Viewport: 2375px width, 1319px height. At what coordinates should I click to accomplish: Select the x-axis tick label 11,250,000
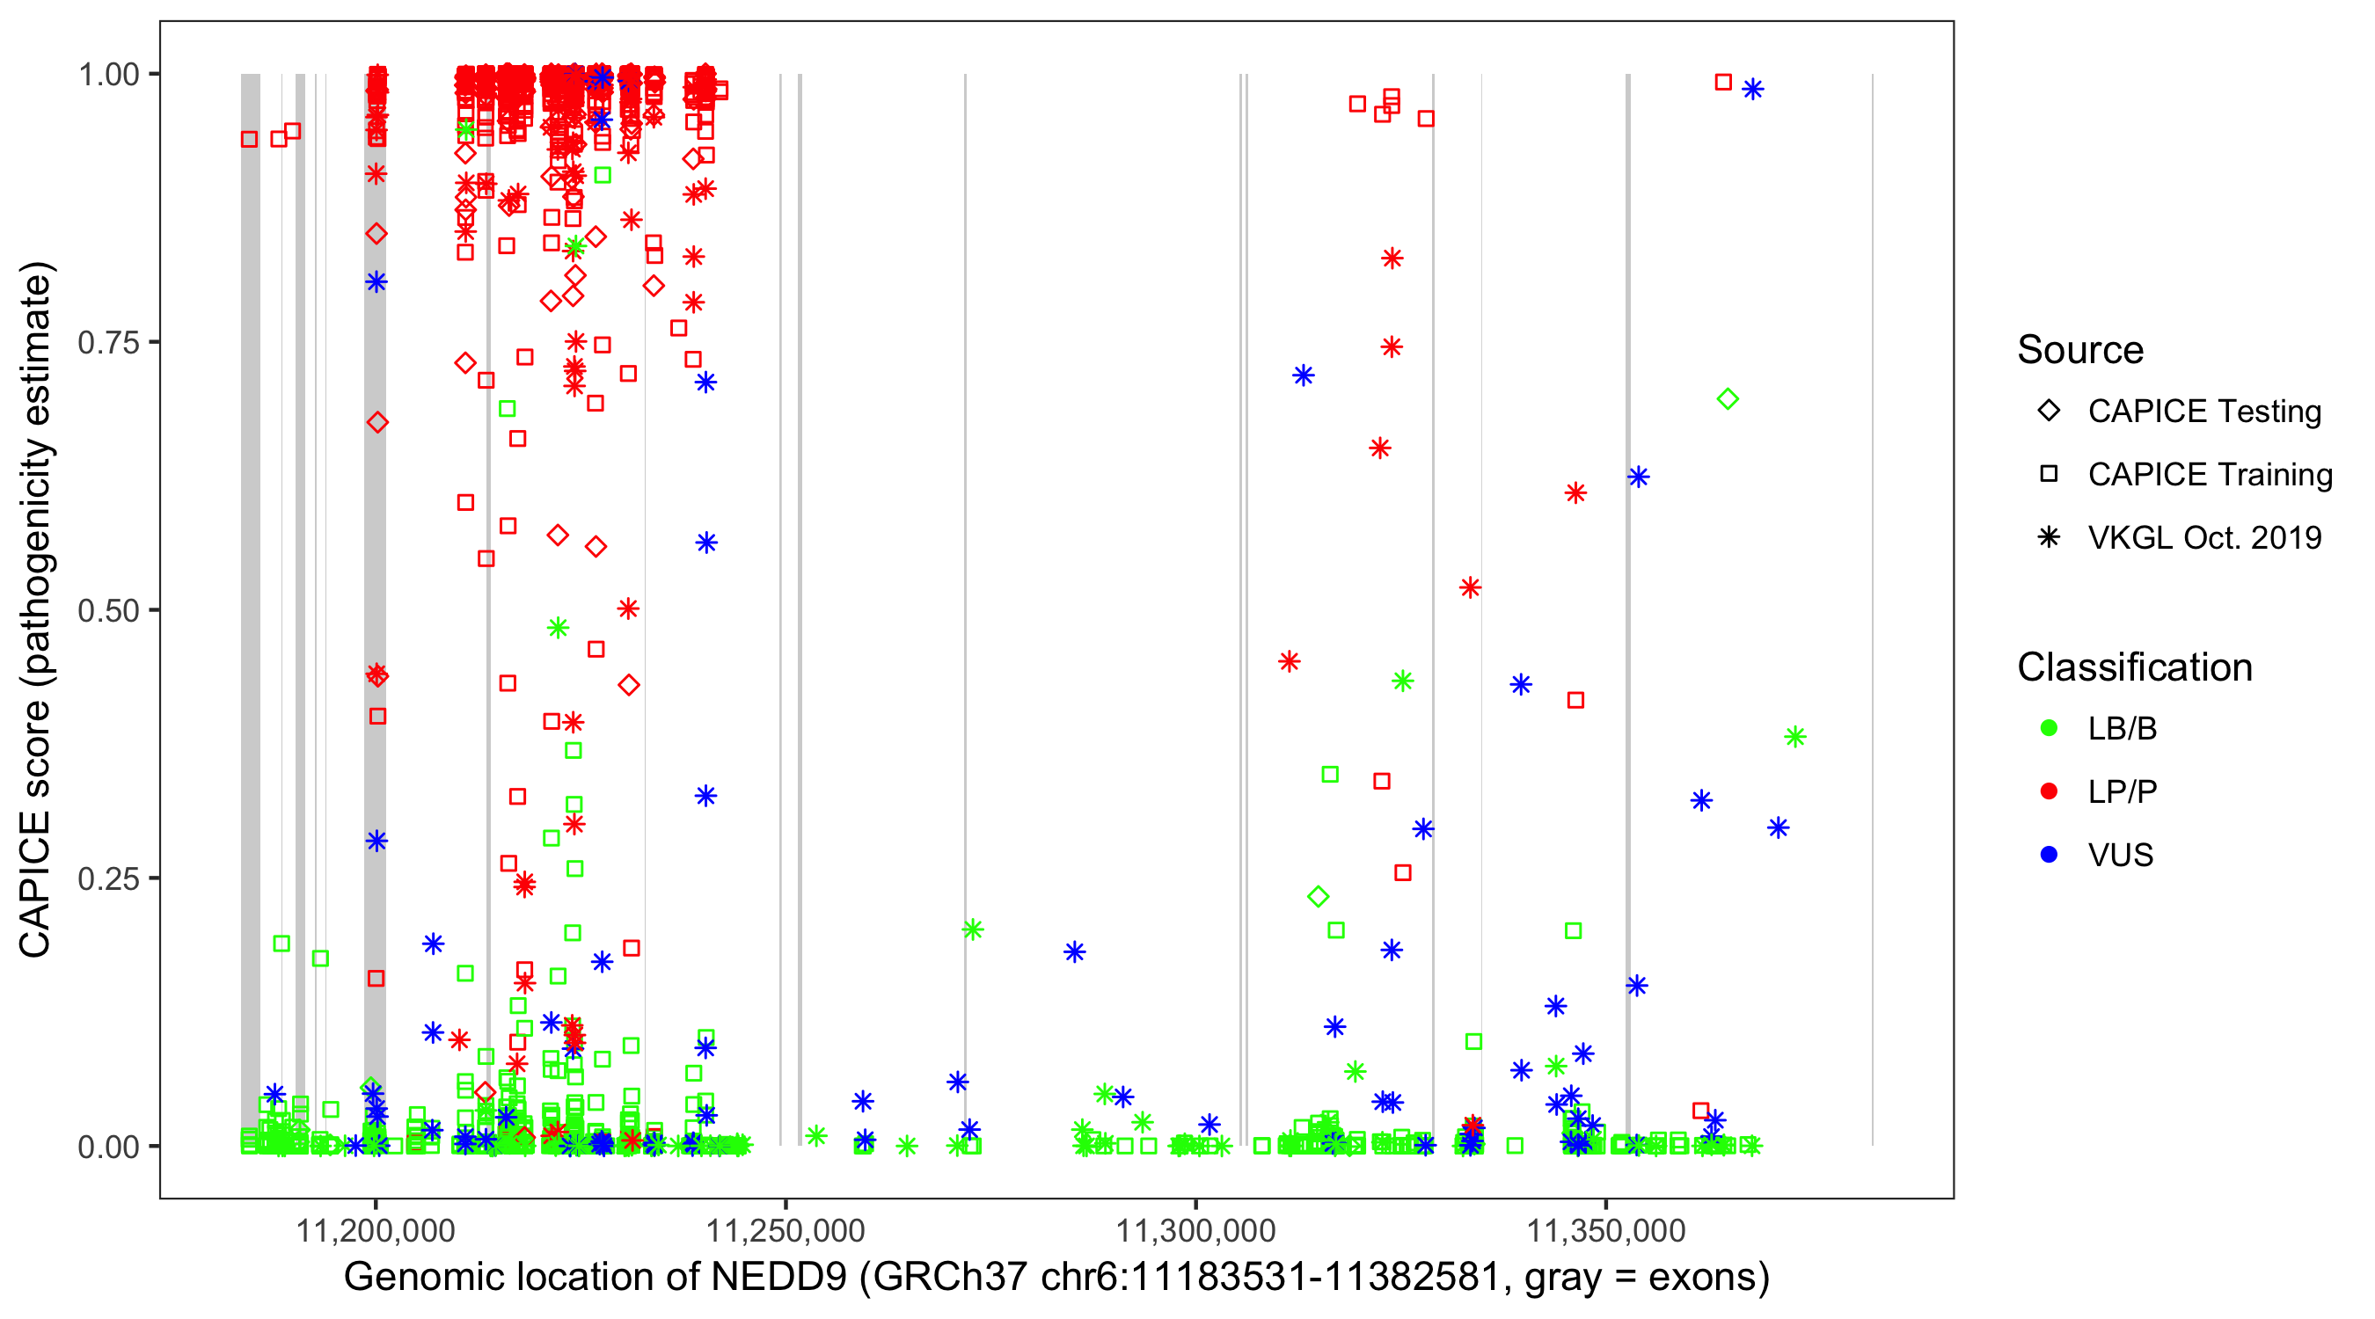pyautogui.click(x=786, y=1230)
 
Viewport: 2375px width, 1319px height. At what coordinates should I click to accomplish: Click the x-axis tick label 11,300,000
pyautogui.click(x=1195, y=1230)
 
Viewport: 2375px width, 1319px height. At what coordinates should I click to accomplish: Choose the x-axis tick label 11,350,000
pyautogui.click(x=1606, y=1230)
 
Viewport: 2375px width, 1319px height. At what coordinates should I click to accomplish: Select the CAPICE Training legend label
pyautogui.click(x=2210, y=475)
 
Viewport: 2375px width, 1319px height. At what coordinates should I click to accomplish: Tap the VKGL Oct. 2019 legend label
pyautogui.click(x=2204, y=538)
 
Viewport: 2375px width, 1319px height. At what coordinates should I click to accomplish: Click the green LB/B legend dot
pyautogui.click(x=2049, y=729)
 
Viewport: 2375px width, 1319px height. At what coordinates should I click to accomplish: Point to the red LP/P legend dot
pyautogui.click(x=2049, y=791)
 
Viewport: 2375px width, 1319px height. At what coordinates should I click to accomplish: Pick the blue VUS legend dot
pyautogui.click(x=2049, y=856)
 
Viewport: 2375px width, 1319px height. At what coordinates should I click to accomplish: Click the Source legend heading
pyautogui.click(x=2080, y=350)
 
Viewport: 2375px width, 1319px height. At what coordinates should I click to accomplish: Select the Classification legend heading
pyautogui.click(x=2134, y=667)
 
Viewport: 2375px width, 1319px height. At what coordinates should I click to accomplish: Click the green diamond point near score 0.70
pyautogui.click(x=1728, y=399)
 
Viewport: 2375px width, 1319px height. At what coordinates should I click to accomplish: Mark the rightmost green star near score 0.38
pyautogui.click(x=1794, y=738)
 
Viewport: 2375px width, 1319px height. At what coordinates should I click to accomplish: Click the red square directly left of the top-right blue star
pyautogui.click(x=1723, y=82)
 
